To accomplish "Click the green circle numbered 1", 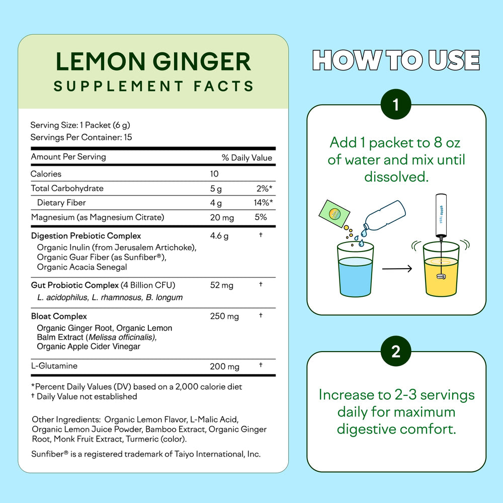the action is tap(396, 104).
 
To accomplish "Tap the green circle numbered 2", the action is tap(396, 351).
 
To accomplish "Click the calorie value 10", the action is tap(214, 174).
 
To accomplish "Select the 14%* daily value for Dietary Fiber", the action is tap(263, 202).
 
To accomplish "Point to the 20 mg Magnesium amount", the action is tap(222, 217).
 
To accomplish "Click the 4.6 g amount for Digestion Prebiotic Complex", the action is tap(219, 236).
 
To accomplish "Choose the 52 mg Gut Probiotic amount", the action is tap(222, 285).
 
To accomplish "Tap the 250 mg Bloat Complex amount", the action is tap(224, 316).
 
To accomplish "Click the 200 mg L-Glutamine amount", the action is tap(224, 366).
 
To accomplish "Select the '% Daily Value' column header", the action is tap(246, 157).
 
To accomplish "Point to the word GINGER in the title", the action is tap(202, 61).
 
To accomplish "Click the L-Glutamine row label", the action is tap(54, 366).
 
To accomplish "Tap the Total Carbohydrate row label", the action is tap(67, 188).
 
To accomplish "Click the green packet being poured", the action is tap(334, 214).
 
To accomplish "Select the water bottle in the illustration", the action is tap(384, 216).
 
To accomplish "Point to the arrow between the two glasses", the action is tap(397, 269).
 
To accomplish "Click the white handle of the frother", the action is tap(441, 215).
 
